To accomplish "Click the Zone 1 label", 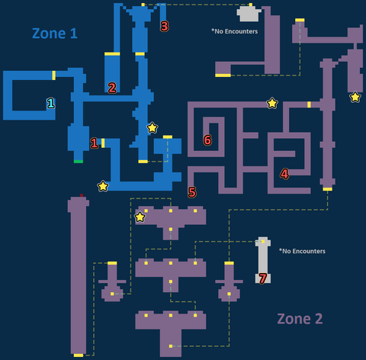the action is pyautogui.click(x=55, y=34).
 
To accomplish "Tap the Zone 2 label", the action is pyautogui.click(x=300, y=319).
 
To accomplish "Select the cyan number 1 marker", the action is pyautogui.click(x=51, y=103).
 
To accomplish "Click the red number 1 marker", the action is pyautogui.click(x=94, y=143).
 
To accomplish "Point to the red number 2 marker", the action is pyautogui.click(x=112, y=88).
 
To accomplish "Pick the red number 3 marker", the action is pyautogui.click(x=165, y=26).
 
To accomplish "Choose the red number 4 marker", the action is pyautogui.click(x=284, y=174).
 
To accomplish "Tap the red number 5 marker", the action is pyautogui.click(x=192, y=192).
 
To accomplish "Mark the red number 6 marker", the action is pyautogui.click(x=207, y=140).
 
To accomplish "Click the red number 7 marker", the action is pyautogui.click(x=263, y=278).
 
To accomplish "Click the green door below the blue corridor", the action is pyautogui.click(x=79, y=162).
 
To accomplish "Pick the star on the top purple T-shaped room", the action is pyautogui.click(x=140, y=217).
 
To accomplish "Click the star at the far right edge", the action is pyautogui.click(x=355, y=97).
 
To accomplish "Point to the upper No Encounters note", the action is pyautogui.click(x=235, y=31).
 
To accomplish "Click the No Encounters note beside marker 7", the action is pyautogui.click(x=302, y=251).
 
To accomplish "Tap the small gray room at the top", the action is pyautogui.click(x=249, y=14).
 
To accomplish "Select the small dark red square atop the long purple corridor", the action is pyautogui.click(x=82, y=195).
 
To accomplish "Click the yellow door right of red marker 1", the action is pyautogui.click(x=103, y=143).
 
